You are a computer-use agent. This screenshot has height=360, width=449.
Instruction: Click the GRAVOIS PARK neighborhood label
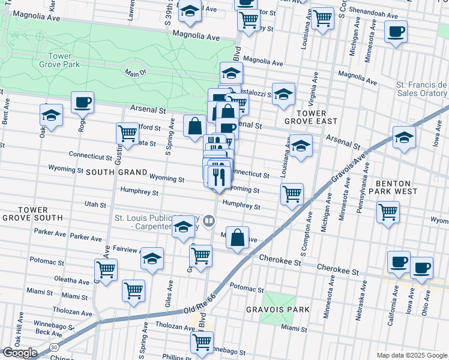pyautogui.click(x=277, y=310)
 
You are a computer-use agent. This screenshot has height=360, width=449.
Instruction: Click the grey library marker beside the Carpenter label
pyautogui.click(x=209, y=221)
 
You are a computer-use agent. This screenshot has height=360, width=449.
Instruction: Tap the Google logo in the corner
pyautogui.click(x=20, y=353)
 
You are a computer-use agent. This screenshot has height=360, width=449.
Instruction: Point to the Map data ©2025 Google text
pyautogui.click(x=412, y=355)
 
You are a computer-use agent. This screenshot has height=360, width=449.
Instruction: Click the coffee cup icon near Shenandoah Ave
pyautogui.click(x=396, y=32)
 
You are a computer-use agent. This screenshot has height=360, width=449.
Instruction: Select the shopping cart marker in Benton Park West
pyautogui.click(x=388, y=212)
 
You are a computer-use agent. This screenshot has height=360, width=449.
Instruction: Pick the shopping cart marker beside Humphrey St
pyautogui.click(x=292, y=194)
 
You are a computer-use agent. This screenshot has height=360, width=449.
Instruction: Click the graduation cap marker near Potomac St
pyautogui.click(x=152, y=259)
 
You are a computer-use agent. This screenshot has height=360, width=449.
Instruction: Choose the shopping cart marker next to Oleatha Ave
pyautogui.click(x=106, y=269)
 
